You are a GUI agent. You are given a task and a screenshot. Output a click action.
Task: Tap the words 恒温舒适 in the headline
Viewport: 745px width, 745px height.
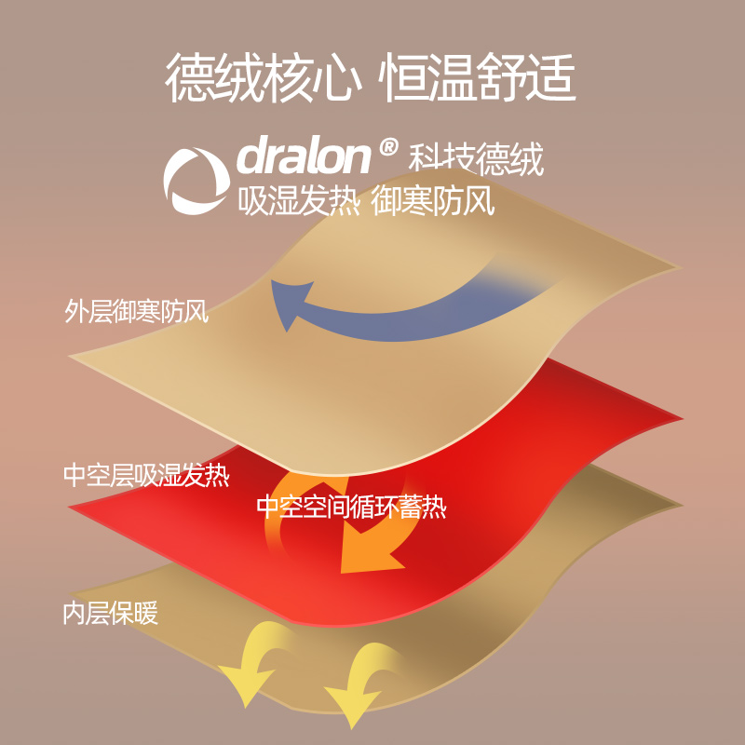coord(476,78)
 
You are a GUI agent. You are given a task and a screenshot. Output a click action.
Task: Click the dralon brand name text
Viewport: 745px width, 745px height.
coord(305,156)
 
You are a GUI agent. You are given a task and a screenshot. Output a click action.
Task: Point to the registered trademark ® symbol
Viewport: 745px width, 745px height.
coord(389,146)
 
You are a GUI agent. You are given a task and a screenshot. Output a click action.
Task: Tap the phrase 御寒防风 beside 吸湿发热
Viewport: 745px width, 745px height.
coord(432,201)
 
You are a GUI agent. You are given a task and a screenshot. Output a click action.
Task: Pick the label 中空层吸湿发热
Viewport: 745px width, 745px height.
coord(146,476)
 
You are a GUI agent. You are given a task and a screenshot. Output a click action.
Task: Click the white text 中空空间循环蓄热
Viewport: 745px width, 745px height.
coord(351,508)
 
